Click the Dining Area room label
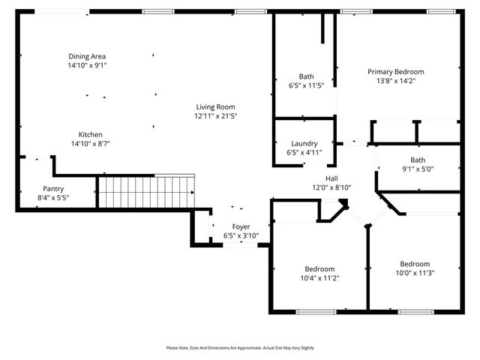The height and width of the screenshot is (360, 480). tap(87, 56)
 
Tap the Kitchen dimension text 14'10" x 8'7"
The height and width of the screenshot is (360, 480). tap(91, 143)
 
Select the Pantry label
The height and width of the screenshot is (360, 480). tap(53, 189)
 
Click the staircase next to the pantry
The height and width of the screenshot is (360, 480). tap(145, 190)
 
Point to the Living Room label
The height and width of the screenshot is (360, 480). tap(215, 107)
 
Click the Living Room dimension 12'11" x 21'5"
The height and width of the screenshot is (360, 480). tap(215, 116)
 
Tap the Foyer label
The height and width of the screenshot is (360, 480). tap(241, 226)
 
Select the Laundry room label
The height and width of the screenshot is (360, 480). tap(304, 143)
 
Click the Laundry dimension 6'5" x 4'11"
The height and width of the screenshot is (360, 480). tap(304, 152)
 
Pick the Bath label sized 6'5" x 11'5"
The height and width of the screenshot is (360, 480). tap(306, 76)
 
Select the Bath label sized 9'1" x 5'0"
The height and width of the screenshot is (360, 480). tap(417, 160)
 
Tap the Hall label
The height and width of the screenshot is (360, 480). tap(331, 178)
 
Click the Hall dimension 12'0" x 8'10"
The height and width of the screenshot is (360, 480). tap(331, 187)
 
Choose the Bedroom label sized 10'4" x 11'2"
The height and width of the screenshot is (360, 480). tap(319, 268)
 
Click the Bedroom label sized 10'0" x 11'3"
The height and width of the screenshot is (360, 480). tap(415, 264)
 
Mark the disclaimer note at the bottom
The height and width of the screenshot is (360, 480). tap(240, 348)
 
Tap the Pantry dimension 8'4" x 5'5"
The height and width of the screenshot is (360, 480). tap(53, 198)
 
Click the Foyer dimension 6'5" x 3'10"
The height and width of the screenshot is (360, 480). tap(241, 235)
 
